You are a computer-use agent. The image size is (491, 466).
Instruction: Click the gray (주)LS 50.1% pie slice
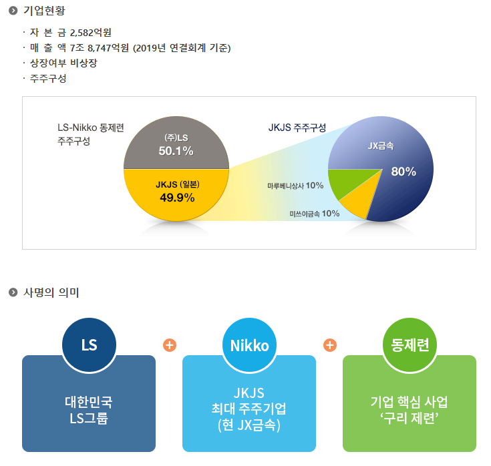(x=176, y=144)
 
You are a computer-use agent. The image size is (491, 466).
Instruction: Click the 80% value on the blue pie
(x=403, y=172)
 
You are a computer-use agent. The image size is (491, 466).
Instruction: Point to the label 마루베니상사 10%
(x=295, y=185)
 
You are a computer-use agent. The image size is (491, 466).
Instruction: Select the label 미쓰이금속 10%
(x=314, y=214)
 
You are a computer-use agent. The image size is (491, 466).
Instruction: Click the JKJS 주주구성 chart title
(x=297, y=127)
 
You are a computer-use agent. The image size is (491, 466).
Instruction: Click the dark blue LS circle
(x=89, y=345)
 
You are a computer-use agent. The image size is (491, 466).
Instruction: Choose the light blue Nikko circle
(x=249, y=345)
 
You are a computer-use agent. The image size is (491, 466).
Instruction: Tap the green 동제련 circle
(x=410, y=345)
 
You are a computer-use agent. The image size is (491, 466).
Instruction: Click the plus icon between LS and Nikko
(x=169, y=345)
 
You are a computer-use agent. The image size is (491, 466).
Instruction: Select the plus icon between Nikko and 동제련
(x=329, y=345)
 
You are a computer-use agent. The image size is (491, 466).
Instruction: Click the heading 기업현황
(x=45, y=11)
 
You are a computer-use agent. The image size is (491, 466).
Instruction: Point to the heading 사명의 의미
(x=51, y=292)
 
